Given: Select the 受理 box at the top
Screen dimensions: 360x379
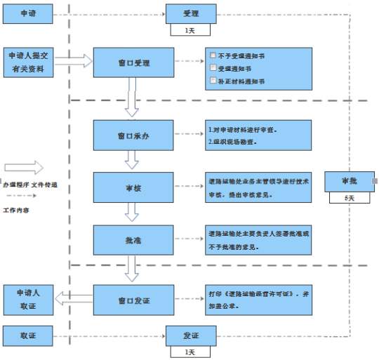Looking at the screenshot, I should click(190, 13).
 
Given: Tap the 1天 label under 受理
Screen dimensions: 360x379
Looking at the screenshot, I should click(190, 30).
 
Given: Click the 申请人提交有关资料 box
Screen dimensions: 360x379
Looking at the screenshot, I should click(28, 62).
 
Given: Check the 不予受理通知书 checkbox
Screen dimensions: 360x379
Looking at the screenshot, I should click(213, 54).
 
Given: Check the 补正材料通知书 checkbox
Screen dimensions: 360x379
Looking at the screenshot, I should click(213, 81).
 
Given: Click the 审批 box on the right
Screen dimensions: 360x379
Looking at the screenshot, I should click(350, 181).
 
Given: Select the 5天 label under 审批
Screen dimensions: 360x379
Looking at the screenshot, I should click(350, 198).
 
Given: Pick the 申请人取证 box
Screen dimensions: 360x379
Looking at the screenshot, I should click(28, 300).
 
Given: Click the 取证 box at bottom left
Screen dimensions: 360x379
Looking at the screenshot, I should click(28, 336).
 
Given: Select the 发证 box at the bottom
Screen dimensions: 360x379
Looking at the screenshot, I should click(190, 336).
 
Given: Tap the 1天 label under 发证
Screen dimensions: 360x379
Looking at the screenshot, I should click(190, 352).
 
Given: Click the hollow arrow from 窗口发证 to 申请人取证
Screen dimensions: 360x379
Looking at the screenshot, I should click(73, 300).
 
